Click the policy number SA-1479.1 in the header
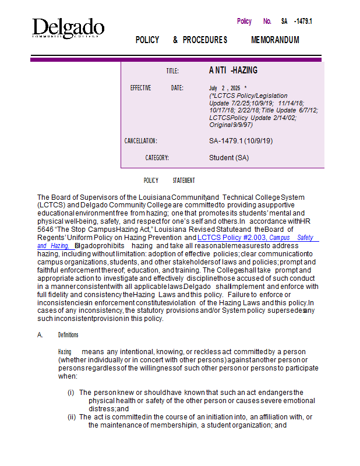[297, 22]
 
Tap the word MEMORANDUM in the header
[275, 40]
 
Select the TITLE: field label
[172, 71]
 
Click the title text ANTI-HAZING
[233, 70]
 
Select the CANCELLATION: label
[141, 141]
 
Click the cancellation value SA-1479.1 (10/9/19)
[241, 141]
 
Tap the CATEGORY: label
[157, 158]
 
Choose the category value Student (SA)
[229, 158]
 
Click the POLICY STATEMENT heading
[169, 181]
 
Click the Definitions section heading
[68, 335]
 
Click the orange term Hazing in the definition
[65, 352]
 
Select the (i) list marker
[72, 393]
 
